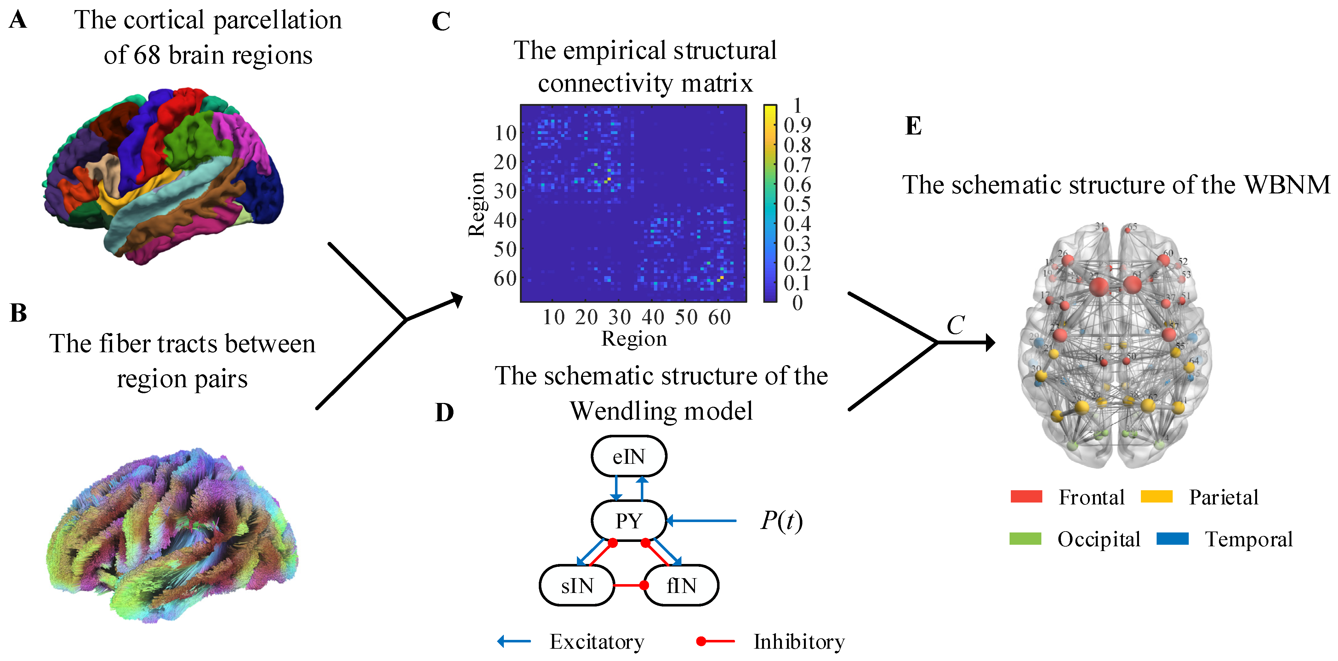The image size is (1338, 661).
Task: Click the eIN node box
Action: pos(629,456)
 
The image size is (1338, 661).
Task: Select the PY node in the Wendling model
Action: pos(629,521)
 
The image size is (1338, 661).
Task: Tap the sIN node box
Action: pos(577,586)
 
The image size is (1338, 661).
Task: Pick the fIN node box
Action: pos(681,586)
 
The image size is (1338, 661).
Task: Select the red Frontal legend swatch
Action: pos(1026,496)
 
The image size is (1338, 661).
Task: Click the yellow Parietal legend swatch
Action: pos(1156,496)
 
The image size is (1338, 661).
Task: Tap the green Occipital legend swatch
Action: pos(1025,538)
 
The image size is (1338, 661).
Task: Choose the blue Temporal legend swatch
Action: pos(1172,538)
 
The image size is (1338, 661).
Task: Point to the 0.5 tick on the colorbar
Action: pos(797,204)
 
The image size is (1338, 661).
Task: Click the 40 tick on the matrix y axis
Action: pos(505,220)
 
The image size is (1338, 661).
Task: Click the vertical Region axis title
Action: pos(476,204)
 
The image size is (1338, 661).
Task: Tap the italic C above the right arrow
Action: pos(955,325)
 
